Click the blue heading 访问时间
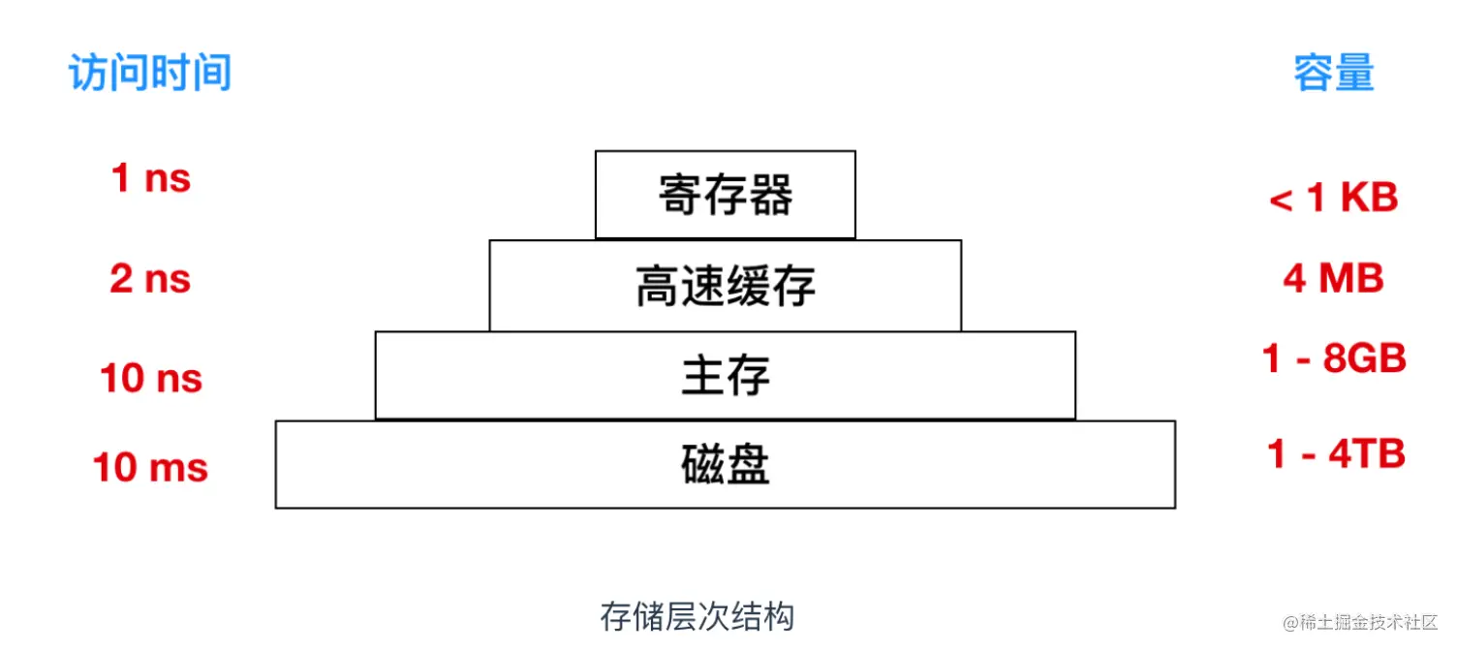pos(150,73)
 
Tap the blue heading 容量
pos(1333,73)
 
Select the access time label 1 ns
pos(151,177)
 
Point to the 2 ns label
pos(150,278)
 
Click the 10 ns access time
pos(151,378)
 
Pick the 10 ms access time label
pos(150,467)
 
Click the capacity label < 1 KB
pos(1333,197)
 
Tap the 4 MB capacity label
pos(1333,278)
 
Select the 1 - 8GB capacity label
pos(1334,358)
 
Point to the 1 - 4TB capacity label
pos(1336,453)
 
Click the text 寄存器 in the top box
pos(726,195)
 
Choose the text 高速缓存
pos(726,286)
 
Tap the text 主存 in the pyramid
pos(726,375)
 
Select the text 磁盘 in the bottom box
pos(726,464)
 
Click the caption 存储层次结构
pos(697,616)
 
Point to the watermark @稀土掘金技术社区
pos(1360,622)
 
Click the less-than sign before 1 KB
pos(1281,201)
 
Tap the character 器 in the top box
pos(771,195)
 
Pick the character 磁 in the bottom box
pos(703,464)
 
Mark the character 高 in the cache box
pos(658,286)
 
